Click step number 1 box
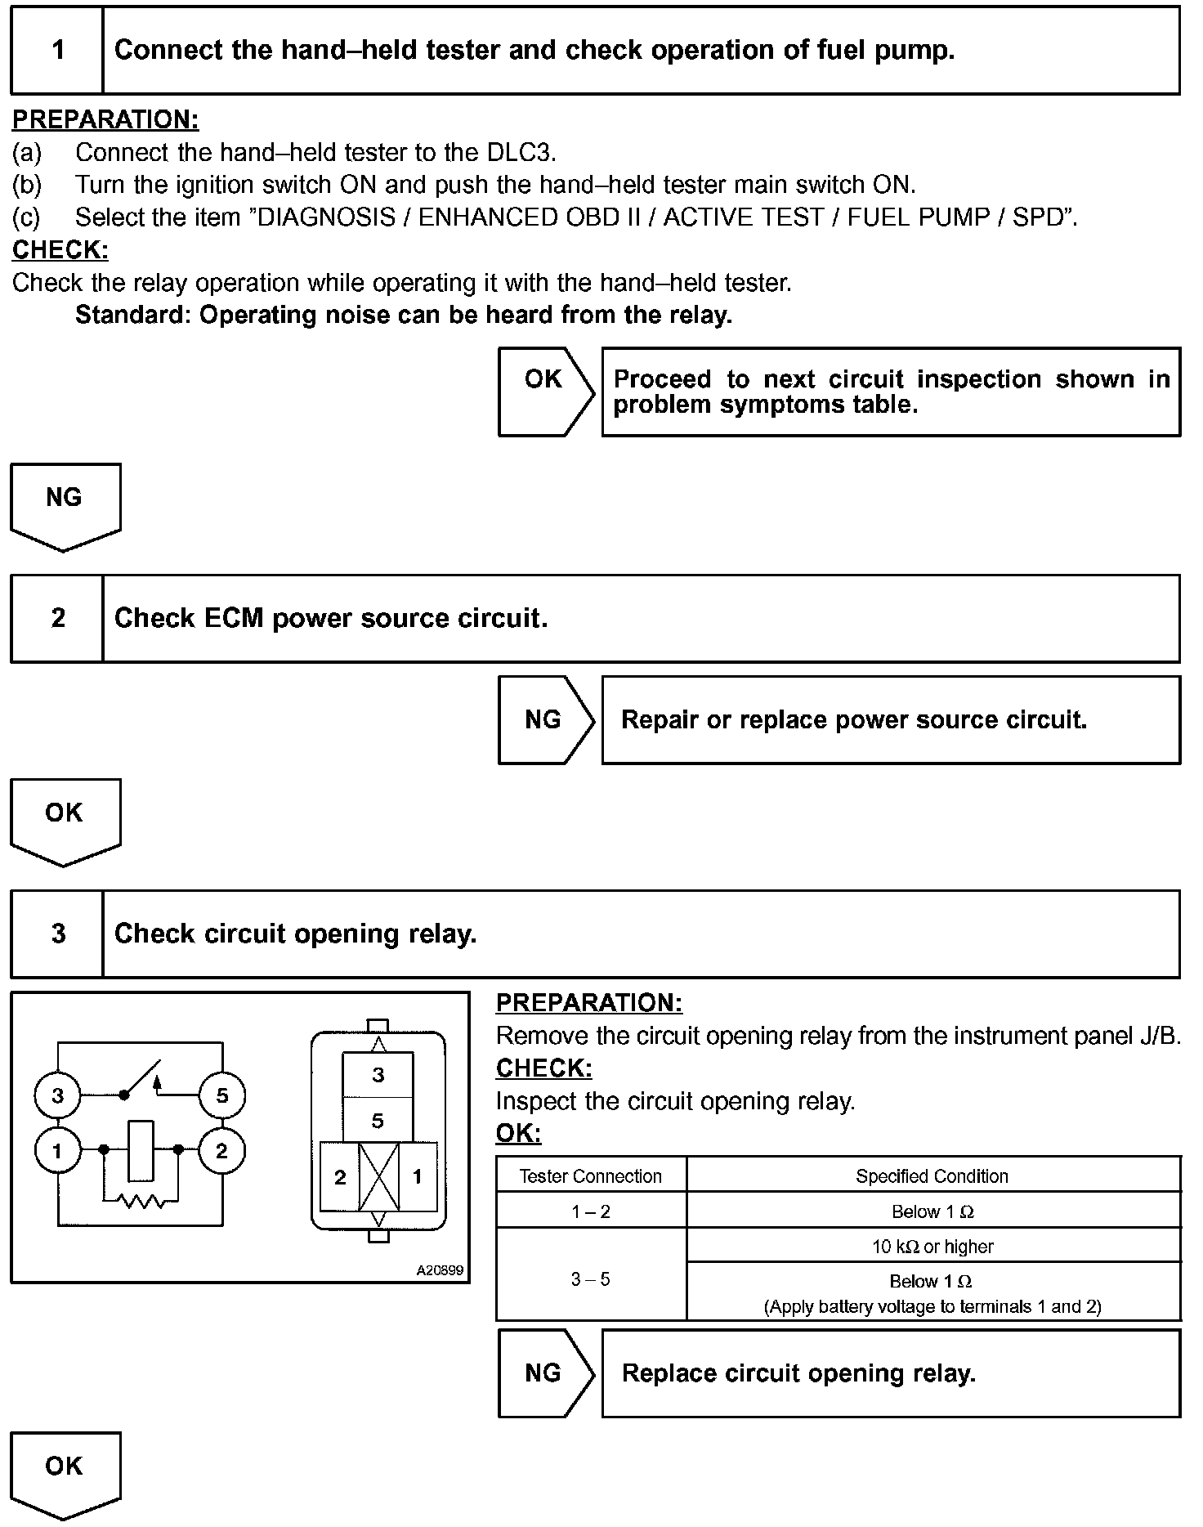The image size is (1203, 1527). click(57, 51)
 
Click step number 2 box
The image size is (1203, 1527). click(57, 618)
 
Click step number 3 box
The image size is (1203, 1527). click(57, 934)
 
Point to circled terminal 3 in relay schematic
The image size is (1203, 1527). click(57, 1095)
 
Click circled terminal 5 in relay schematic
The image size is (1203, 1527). click(222, 1095)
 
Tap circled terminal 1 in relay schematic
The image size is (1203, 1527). click(57, 1151)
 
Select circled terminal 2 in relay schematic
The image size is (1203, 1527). click(221, 1151)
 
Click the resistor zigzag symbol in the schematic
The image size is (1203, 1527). click(141, 1201)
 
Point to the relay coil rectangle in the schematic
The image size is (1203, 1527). click(141, 1150)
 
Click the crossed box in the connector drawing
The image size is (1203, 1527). click(379, 1177)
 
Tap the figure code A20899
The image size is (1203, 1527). click(440, 1270)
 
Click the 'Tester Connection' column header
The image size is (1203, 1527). click(591, 1176)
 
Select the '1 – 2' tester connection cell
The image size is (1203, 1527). click(591, 1211)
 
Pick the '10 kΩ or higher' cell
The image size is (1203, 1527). click(932, 1247)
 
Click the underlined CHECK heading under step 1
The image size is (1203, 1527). click(60, 250)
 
